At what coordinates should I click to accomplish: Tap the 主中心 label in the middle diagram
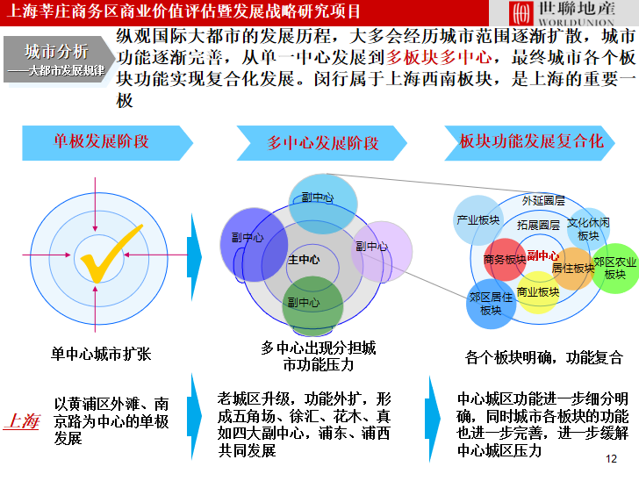304,260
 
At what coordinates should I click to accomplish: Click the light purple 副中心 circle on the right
381,251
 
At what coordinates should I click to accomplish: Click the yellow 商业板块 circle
537,292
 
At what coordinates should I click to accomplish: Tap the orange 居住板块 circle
574,269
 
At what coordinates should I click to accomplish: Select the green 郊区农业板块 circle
614,268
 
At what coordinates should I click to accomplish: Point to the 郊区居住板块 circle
491,304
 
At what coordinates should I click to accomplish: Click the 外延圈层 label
543,200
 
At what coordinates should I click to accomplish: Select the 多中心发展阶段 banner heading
323,143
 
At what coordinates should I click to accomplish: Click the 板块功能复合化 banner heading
532,141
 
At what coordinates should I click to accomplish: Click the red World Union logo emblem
521,13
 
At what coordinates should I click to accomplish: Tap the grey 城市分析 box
57,58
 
